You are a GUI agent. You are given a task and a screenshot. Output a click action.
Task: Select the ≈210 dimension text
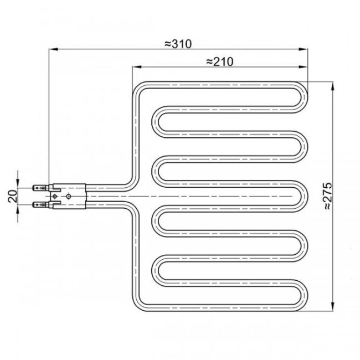click(218, 61)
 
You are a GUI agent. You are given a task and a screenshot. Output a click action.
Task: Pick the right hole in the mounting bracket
click(69, 196)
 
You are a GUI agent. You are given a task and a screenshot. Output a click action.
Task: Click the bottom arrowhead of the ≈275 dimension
click(332, 306)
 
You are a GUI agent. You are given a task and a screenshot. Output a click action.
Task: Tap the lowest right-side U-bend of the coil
click(304, 291)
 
